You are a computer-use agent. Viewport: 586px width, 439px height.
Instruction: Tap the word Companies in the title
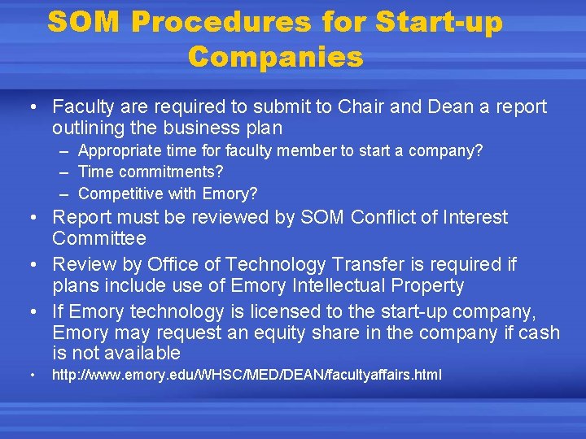tap(275, 57)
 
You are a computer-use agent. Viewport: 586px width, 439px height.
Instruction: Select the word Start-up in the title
tap(439, 22)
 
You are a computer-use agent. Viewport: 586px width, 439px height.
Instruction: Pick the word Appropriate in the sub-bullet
tap(119, 151)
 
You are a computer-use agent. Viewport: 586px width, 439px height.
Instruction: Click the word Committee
tap(99, 239)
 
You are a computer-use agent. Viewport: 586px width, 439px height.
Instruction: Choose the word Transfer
tap(369, 265)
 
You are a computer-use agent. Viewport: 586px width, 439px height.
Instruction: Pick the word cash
tap(542, 333)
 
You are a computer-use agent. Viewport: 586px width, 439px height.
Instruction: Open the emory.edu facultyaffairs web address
tap(247, 376)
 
